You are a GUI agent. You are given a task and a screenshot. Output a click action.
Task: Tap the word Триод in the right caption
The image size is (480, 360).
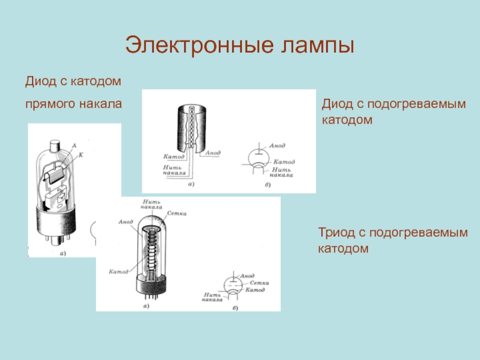(338, 232)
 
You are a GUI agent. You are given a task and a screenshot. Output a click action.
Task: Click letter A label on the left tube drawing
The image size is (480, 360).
(73, 145)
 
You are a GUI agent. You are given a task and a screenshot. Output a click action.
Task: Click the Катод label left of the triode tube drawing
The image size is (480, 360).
(119, 272)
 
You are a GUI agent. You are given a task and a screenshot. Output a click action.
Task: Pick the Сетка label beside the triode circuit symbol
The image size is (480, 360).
(259, 282)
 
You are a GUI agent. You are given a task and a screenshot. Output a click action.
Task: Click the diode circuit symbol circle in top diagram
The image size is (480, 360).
(259, 158)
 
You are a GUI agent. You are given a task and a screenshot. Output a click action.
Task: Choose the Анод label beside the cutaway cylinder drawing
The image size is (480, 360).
(213, 153)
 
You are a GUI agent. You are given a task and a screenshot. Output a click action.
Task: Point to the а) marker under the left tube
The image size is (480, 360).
(61, 253)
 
